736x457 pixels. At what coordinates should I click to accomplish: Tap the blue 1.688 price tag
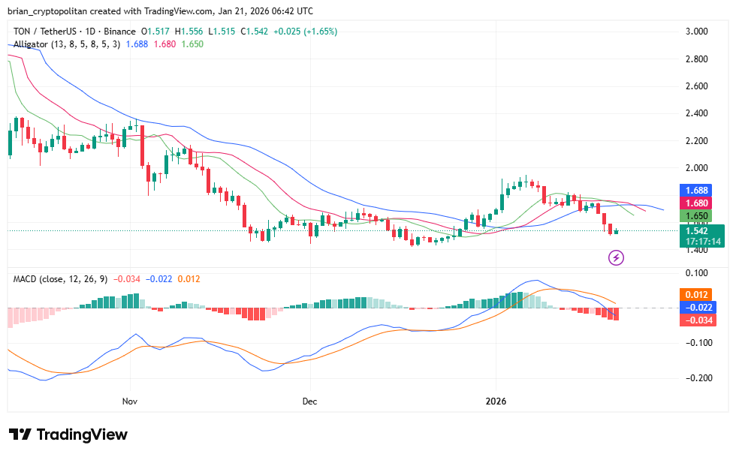696,191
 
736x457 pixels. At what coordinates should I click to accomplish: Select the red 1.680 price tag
696,203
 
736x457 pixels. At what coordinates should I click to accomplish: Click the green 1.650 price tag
696,216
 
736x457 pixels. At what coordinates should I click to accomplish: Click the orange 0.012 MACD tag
696,294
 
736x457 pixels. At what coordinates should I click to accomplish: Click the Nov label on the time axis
131,401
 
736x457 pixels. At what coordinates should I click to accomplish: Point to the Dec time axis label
310,401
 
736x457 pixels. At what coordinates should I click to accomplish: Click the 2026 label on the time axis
496,401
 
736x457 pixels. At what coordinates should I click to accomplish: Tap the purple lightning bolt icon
616,258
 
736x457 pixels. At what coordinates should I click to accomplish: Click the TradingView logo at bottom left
68,434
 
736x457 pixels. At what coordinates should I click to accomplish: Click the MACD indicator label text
27,279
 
